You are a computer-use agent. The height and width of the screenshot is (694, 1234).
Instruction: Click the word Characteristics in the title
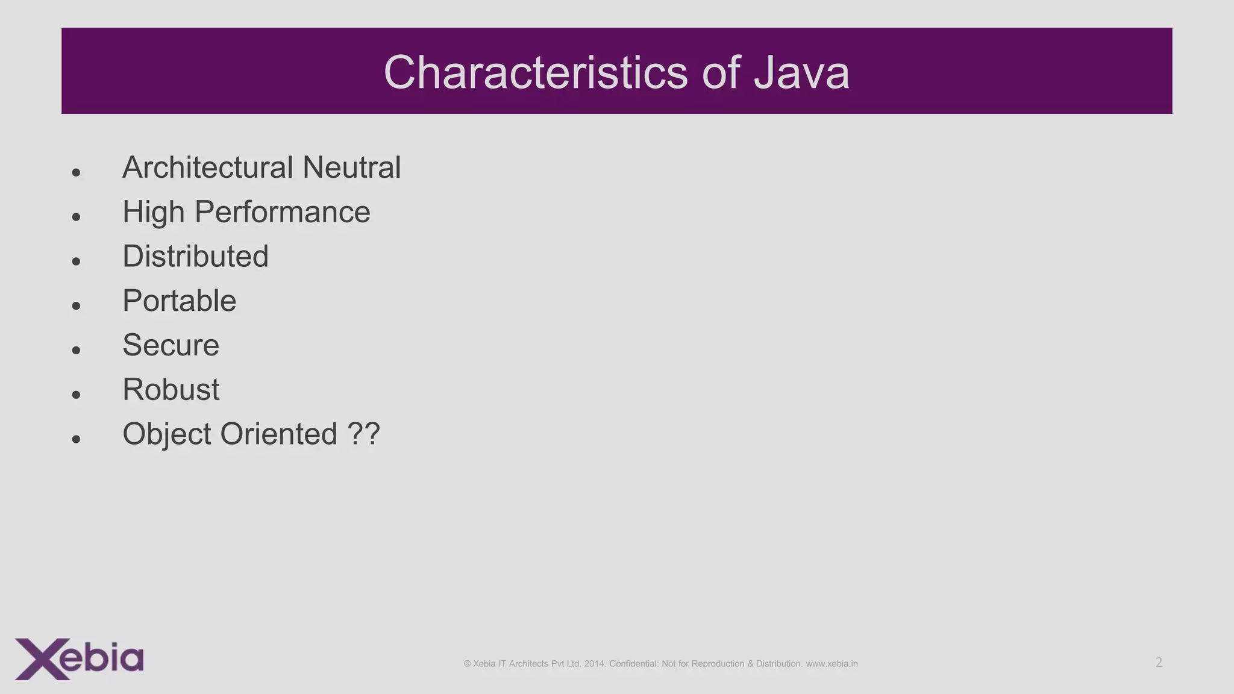click(x=535, y=73)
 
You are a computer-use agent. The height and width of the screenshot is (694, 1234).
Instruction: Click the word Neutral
click(x=351, y=167)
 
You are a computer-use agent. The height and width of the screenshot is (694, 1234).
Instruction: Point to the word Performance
click(x=282, y=212)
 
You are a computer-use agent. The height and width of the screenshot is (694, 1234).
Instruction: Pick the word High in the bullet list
click(x=153, y=212)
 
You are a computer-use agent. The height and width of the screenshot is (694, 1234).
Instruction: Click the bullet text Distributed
click(x=195, y=257)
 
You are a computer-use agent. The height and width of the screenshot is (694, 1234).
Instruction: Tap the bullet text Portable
click(x=179, y=301)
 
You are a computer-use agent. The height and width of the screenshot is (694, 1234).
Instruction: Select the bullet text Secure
click(x=171, y=345)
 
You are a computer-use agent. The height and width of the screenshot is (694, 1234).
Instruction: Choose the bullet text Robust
click(x=171, y=390)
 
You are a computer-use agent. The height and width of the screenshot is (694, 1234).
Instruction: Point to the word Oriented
click(x=278, y=434)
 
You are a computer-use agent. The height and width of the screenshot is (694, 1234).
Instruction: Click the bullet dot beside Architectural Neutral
click(x=76, y=173)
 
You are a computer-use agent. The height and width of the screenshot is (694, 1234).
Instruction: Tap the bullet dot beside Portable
click(x=76, y=306)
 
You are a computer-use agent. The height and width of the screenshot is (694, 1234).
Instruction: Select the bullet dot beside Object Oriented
click(x=76, y=439)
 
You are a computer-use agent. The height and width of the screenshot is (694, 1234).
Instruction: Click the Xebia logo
click(x=79, y=658)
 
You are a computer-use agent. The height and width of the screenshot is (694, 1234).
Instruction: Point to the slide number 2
click(x=1159, y=663)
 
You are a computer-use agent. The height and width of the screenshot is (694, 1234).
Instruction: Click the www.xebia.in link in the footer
click(x=832, y=664)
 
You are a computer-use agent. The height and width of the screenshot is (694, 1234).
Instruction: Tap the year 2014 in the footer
click(x=594, y=664)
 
